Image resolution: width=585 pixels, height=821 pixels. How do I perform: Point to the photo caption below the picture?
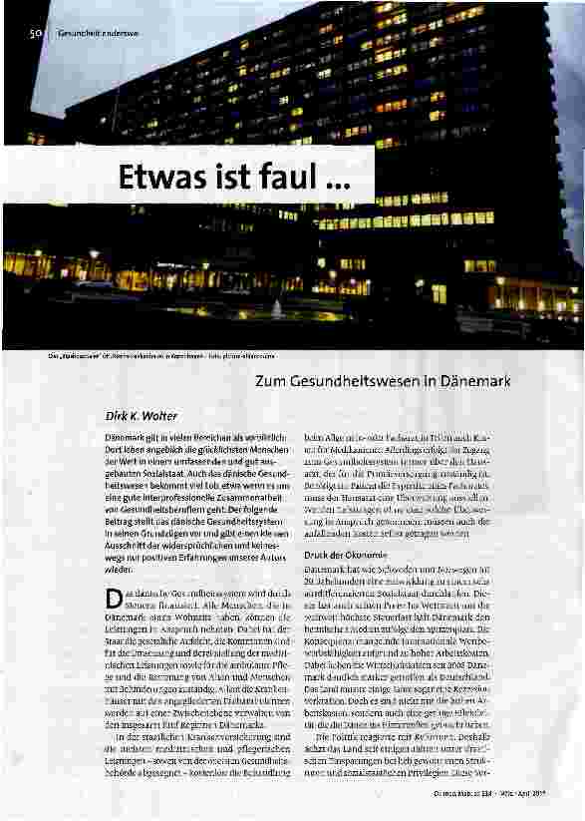(159, 354)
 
